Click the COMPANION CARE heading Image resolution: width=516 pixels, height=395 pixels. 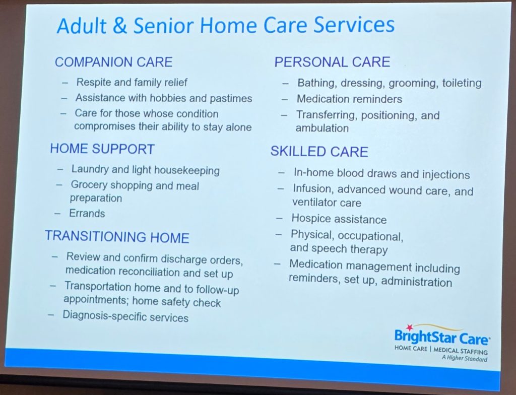coord(113,62)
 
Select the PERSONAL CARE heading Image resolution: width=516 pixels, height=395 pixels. coord(333,62)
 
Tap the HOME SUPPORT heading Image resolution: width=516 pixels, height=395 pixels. coord(102,149)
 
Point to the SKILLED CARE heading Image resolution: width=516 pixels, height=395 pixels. coord(319,152)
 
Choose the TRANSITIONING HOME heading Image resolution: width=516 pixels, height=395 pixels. coord(117,237)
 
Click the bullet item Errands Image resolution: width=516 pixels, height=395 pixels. coord(87,213)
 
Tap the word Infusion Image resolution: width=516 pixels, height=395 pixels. coord(312,189)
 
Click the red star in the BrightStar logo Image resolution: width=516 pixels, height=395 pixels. coord(409,327)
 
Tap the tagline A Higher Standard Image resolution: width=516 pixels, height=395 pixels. coord(464,358)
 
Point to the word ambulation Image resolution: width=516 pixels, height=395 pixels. coord(322,128)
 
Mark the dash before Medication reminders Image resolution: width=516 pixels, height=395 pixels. coord(285,99)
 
